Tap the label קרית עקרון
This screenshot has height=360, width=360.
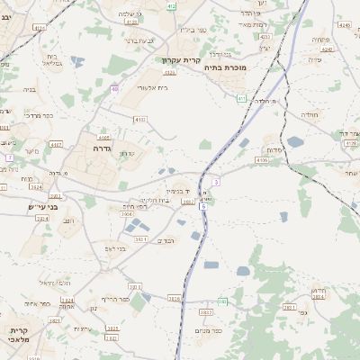181,60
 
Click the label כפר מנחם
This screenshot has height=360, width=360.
211,330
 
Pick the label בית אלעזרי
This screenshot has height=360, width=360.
153,87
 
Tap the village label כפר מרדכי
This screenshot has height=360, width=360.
35,115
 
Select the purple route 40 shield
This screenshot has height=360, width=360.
114,88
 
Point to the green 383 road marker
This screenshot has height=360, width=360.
222,301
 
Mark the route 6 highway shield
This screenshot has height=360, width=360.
204,206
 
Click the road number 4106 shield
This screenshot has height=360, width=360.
262,159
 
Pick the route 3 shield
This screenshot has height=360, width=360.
217,182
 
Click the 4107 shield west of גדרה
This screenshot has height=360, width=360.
56,143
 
